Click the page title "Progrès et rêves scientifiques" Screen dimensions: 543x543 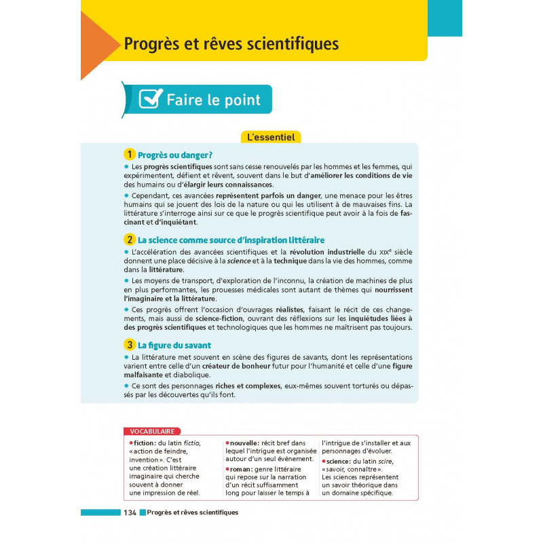[x=231, y=44]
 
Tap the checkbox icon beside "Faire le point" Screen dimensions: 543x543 [x=151, y=99]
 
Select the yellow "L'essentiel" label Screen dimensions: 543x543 [x=271, y=137]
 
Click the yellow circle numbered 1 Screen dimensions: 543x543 [x=129, y=154]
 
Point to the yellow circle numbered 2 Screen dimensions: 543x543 [x=129, y=240]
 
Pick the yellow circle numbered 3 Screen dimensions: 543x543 [x=129, y=345]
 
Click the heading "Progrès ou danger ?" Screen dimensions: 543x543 [x=175, y=155]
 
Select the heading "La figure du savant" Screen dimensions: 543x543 [x=174, y=345]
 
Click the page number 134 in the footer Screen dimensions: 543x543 [x=130, y=512]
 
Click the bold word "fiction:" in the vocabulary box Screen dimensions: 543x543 [x=145, y=443]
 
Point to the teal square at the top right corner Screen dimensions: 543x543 [x=445, y=18]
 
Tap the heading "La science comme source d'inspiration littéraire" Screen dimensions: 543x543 [x=231, y=240]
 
